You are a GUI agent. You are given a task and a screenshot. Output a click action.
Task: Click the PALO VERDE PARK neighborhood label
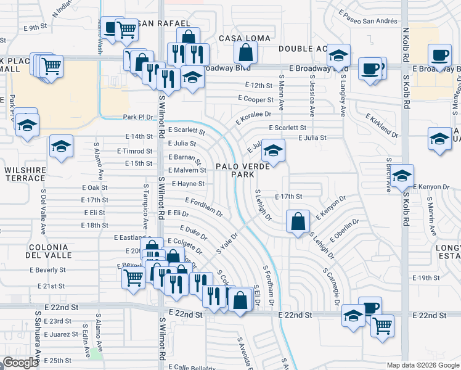click(x=242, y=170)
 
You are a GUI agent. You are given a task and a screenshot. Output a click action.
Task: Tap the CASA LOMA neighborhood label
click(x=245, y=38)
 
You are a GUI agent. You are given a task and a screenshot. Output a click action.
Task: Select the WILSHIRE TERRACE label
click(x=25, y=175)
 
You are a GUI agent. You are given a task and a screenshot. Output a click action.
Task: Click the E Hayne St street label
click(x=187, y=184)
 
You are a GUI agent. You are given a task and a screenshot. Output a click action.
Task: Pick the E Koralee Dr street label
click(x=250, y=114)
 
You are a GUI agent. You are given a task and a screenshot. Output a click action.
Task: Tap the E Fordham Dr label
click(x=204, y=207)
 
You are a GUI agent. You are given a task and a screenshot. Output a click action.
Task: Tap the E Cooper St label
click(x=256, y=99)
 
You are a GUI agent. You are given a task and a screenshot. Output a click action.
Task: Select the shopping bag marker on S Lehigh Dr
click(x=298, y=221)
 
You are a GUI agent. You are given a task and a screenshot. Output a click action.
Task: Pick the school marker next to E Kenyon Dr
click(x=402, y=177)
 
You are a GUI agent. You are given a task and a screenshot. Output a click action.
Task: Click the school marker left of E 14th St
click(x=61, y=147)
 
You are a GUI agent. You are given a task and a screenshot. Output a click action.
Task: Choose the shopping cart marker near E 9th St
click(x=126, y=28)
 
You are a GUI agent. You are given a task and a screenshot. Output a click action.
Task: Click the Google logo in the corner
click(x=21, y=363)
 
